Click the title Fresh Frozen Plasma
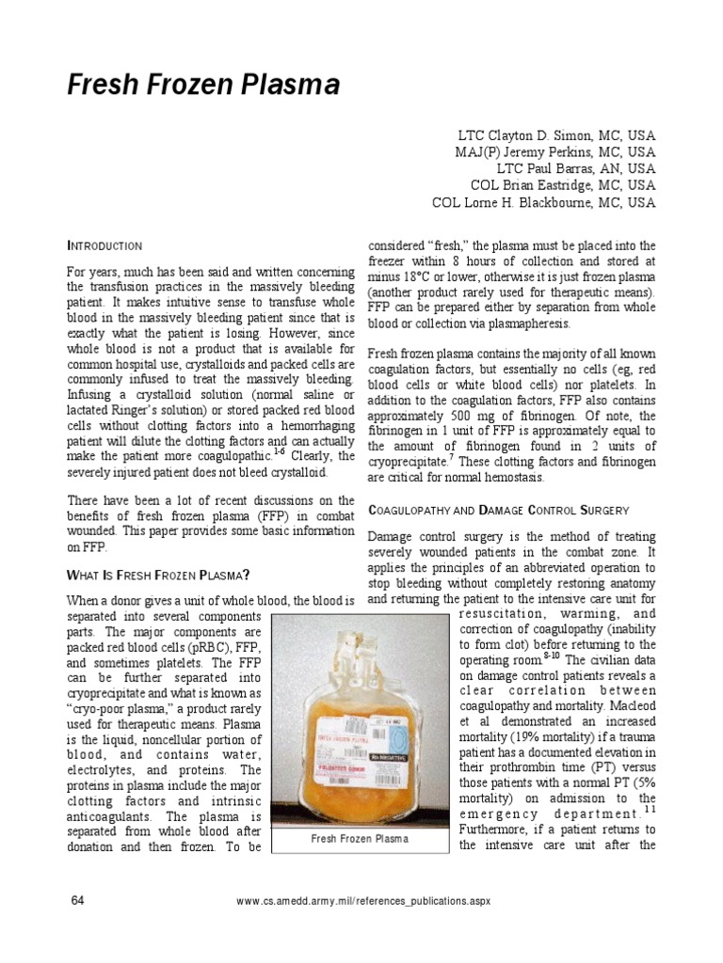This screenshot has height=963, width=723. [202, 87]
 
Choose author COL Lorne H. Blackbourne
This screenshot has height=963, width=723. [543, 202]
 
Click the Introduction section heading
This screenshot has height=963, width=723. [104, 245]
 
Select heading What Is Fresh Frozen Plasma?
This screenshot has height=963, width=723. [157, 575]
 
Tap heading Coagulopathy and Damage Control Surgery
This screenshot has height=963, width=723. [497, 510]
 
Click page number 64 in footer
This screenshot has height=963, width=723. [78, 901]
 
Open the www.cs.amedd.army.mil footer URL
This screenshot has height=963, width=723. [362, 901]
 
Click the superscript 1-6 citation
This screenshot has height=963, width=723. [279, 450]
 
